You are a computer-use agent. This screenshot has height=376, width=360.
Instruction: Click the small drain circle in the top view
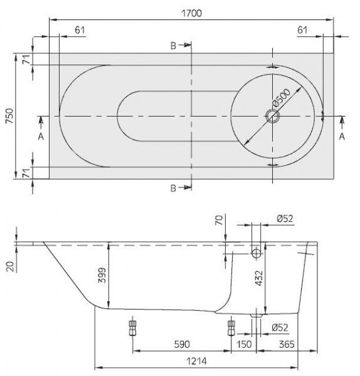click(x=273, y=117)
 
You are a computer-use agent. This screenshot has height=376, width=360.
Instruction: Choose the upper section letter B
click(x=173, y=45)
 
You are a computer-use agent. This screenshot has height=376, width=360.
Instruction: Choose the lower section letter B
click(x=173, y=188)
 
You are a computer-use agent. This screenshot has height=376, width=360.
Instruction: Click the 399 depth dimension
click(x=102, y=273)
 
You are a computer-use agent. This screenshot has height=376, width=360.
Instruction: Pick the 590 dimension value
click(x=182, y=345)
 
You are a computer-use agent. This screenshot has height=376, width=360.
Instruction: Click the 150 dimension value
click(x=245, y=345)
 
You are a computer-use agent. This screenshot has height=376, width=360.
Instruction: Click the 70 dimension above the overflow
click(x=219, y=220)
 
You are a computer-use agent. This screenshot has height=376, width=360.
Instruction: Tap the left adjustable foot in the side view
click(x=132, y=328)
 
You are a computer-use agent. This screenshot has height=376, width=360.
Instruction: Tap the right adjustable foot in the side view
click(x=231, y=328)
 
